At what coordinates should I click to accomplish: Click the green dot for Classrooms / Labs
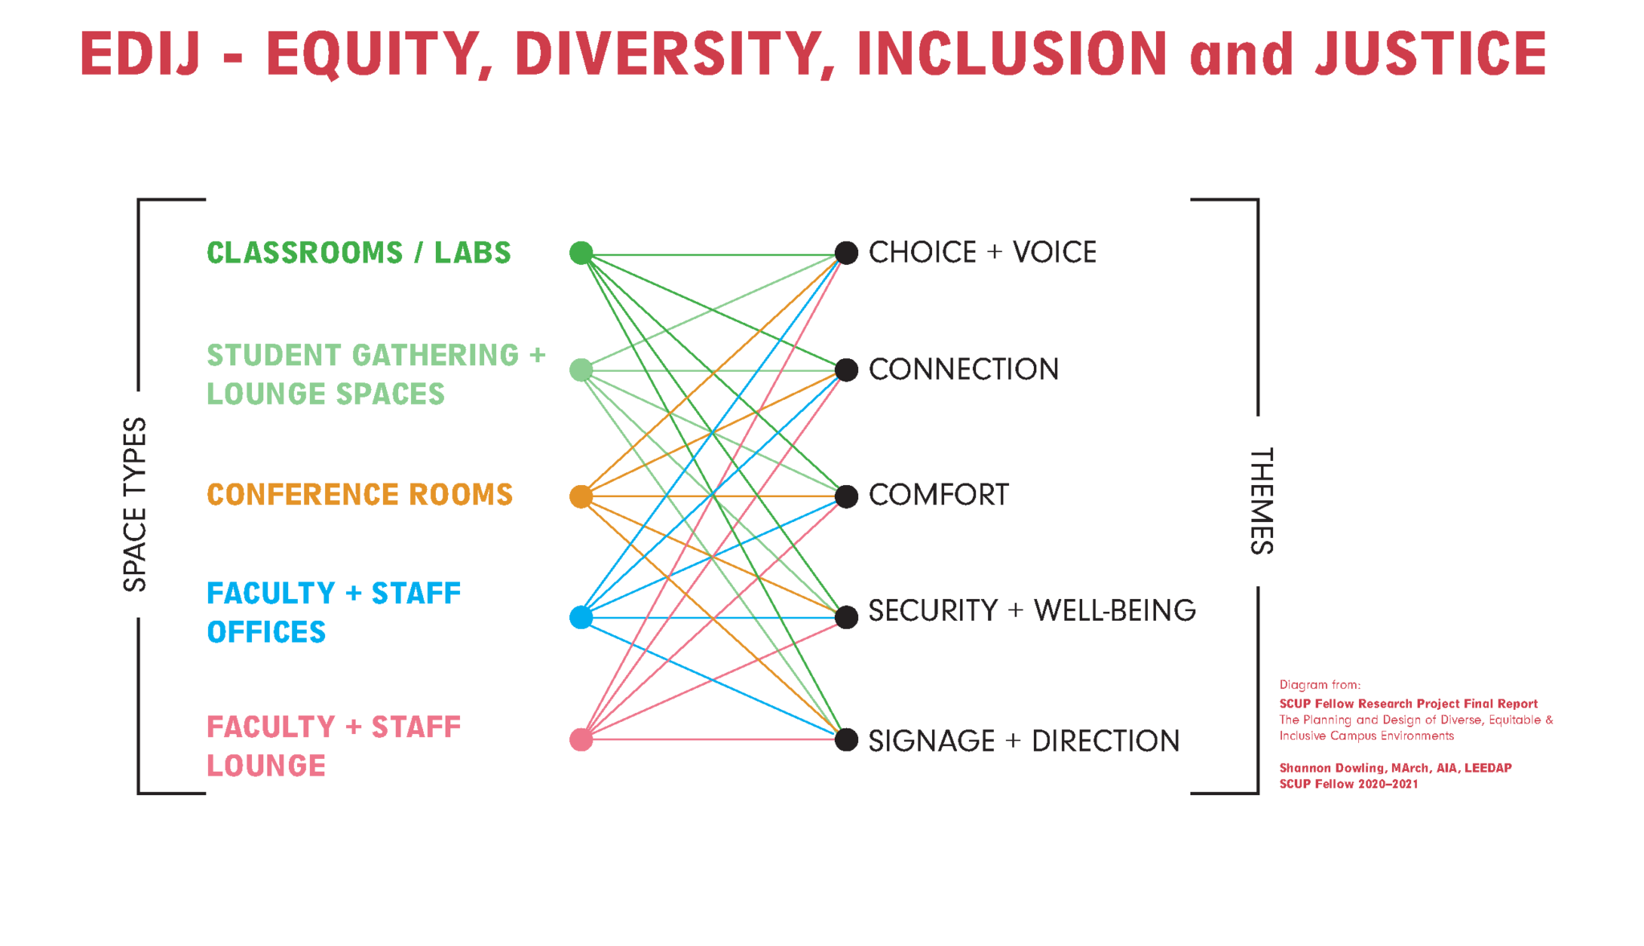click(x=581, y=253)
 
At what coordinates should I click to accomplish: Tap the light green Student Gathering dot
click(x=581, y=370)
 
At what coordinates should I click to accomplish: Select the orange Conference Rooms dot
click(x=581, y=496)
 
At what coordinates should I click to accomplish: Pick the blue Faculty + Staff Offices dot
click(x=581, y=618)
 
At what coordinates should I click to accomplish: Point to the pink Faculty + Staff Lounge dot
click(x=581, y=740)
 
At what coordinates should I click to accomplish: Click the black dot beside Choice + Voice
click(x=846, y=253)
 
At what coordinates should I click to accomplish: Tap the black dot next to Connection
click(x=846, y=370)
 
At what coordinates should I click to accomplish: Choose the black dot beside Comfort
click(x=846, y=496)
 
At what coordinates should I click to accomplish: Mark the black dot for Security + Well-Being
click(x=846, y=618)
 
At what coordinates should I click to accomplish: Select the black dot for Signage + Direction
click(x=846, y=740)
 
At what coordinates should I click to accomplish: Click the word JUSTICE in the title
click(x=1431, y=54)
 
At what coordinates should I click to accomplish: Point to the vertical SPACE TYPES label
click(x=135, y=504)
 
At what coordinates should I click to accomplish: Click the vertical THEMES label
click(x=1262, y=501)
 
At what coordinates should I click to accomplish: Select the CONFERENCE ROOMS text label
click(x=360, y=495)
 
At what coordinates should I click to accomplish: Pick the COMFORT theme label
click(x=938, y=495)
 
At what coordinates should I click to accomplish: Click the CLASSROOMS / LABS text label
click(x=359, y=253)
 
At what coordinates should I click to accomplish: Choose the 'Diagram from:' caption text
click(x=1320, y=685)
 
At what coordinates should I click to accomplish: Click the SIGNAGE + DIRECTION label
click(x=1024, y=740)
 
